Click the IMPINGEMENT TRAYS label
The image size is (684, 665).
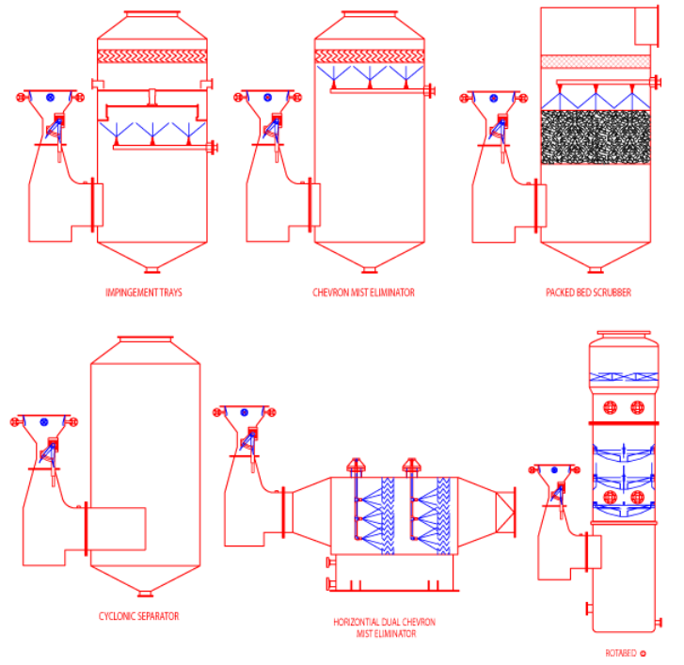pyautogui.click(x=144, y=293)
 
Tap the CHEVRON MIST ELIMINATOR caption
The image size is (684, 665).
pyautogui.click(x=363, y=293)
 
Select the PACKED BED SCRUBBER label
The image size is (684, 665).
pyautogui.click(x=588, y=293)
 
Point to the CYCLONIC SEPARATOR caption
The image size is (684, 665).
pyautogui.click(x=138, y=616)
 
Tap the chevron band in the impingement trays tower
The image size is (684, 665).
pyautogui.click(x=151, y=56)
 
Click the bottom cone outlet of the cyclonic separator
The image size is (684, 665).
pyautogui.click(x=145, y=591)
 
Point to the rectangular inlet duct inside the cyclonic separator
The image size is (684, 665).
pyautogui.click(x=117, y=530)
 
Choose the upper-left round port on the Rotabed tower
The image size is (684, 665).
pyautogui.click(x=610, y=407)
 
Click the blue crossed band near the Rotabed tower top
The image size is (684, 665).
pyautogui.click(x=620, y=376)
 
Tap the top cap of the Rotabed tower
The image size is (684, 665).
pyautogui.click(x=620, y=336)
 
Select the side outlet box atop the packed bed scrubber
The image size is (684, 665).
pyautogui.click(x=645, y=25)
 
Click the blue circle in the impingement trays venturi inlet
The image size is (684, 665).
pyautogui.click(x=51, y=97)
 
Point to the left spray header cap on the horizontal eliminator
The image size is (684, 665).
pyautogui.click(x=358, y=463)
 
